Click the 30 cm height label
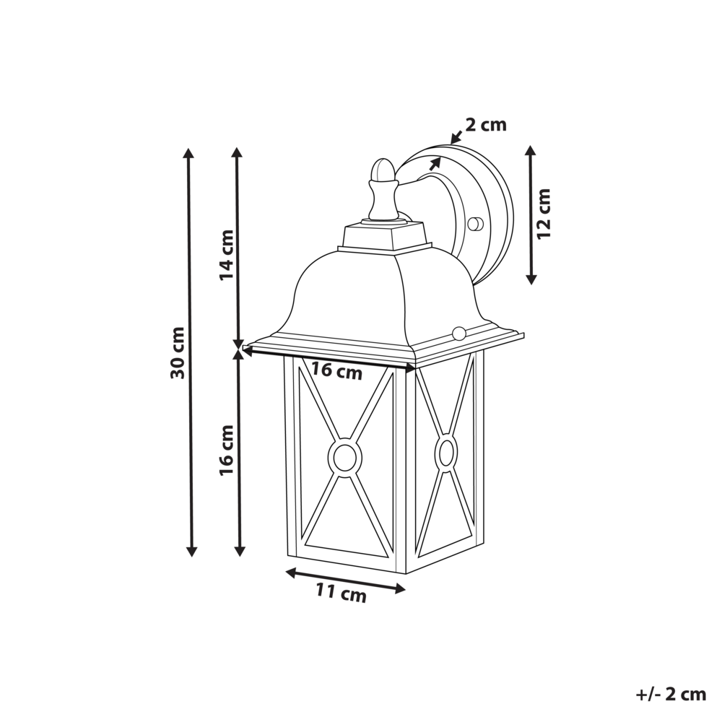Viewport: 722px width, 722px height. (178, 352)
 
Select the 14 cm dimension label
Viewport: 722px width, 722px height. (227, 254)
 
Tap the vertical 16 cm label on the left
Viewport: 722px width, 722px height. (227, 449)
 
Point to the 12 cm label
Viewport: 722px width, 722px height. (544, 213)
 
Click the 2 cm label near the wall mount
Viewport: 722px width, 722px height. (485, 125)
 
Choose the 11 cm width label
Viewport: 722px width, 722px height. (341, 593)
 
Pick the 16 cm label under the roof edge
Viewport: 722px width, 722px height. (336, 372)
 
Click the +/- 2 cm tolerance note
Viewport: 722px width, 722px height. (671, 695)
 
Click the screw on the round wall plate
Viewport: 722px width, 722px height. (474, 224)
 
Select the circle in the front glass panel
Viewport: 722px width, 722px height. (344, 456)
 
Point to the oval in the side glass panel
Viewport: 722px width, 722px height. (446, 453)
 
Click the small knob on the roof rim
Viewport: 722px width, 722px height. (458, 332)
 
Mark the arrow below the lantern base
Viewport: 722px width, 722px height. (345, 581)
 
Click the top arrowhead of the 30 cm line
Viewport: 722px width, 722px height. (190, 153)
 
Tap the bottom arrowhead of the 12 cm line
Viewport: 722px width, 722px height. (531, 279)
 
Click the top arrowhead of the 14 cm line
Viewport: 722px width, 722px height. (238, 152)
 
